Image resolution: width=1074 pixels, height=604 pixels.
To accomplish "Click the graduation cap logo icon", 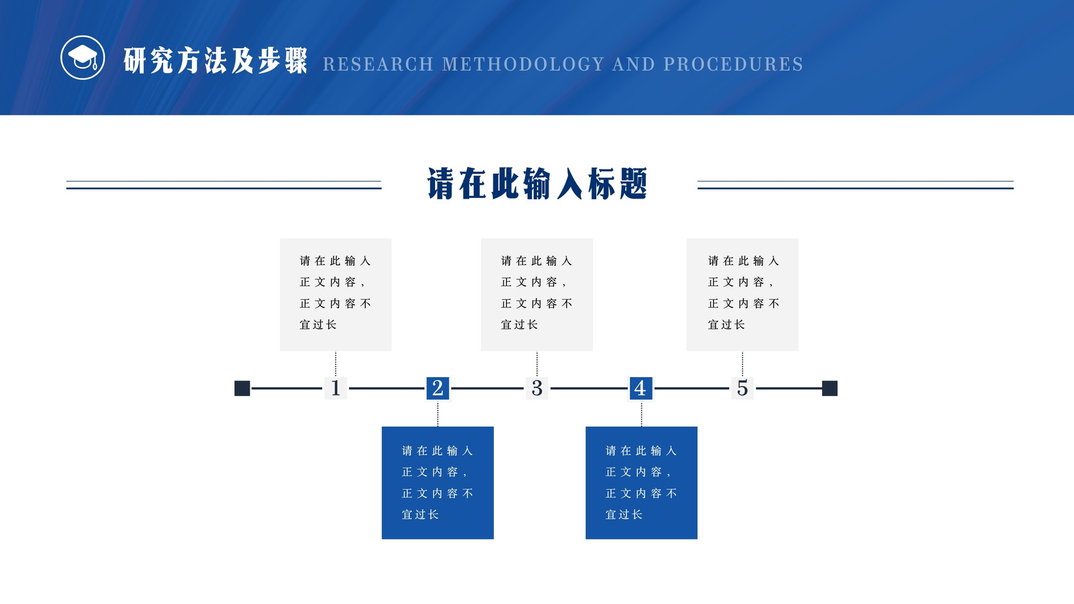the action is [x=83, y=58].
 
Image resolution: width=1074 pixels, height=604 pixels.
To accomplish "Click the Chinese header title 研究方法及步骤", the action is [x=215, y=60].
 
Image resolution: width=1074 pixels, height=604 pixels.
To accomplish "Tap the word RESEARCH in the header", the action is [x=378, y=64].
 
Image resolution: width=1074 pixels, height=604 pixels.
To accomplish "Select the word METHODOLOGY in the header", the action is [x=523, y=64].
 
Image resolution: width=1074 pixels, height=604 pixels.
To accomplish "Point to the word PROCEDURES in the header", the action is [x=733, y=64].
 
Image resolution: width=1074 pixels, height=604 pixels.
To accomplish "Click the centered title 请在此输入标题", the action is [x=538, y=184].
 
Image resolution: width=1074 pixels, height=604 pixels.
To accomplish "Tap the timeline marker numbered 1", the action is [x=336, y=388].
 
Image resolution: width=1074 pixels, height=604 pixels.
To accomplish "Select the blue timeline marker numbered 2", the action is [x=438, y=388].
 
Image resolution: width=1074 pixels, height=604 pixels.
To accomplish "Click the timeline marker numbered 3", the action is [x=537, y=388].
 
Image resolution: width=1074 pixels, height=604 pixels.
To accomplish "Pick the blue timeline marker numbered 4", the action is [x=641, y=388].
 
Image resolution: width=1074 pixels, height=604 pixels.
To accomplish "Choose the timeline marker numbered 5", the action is [x=742, y=388].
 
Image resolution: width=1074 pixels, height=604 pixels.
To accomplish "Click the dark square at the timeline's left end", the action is [x=242, y=389].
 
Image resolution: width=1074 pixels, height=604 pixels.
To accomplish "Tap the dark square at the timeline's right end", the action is [x=830, y=389].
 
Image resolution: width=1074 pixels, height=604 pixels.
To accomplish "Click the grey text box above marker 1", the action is [x=336, y=295].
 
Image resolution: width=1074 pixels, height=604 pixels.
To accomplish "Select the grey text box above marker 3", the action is [x=537, y=295].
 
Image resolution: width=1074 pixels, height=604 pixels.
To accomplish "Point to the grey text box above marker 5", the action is [x=742, y=295].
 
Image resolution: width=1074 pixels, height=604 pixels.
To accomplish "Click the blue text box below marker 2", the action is [x=438, y=483].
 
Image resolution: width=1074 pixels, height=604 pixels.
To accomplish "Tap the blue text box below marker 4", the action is [x=642, y=483].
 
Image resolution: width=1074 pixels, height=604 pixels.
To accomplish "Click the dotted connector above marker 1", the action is [x=336, y=364].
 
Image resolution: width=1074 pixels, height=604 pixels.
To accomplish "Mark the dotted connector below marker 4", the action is [x=642, y=413].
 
